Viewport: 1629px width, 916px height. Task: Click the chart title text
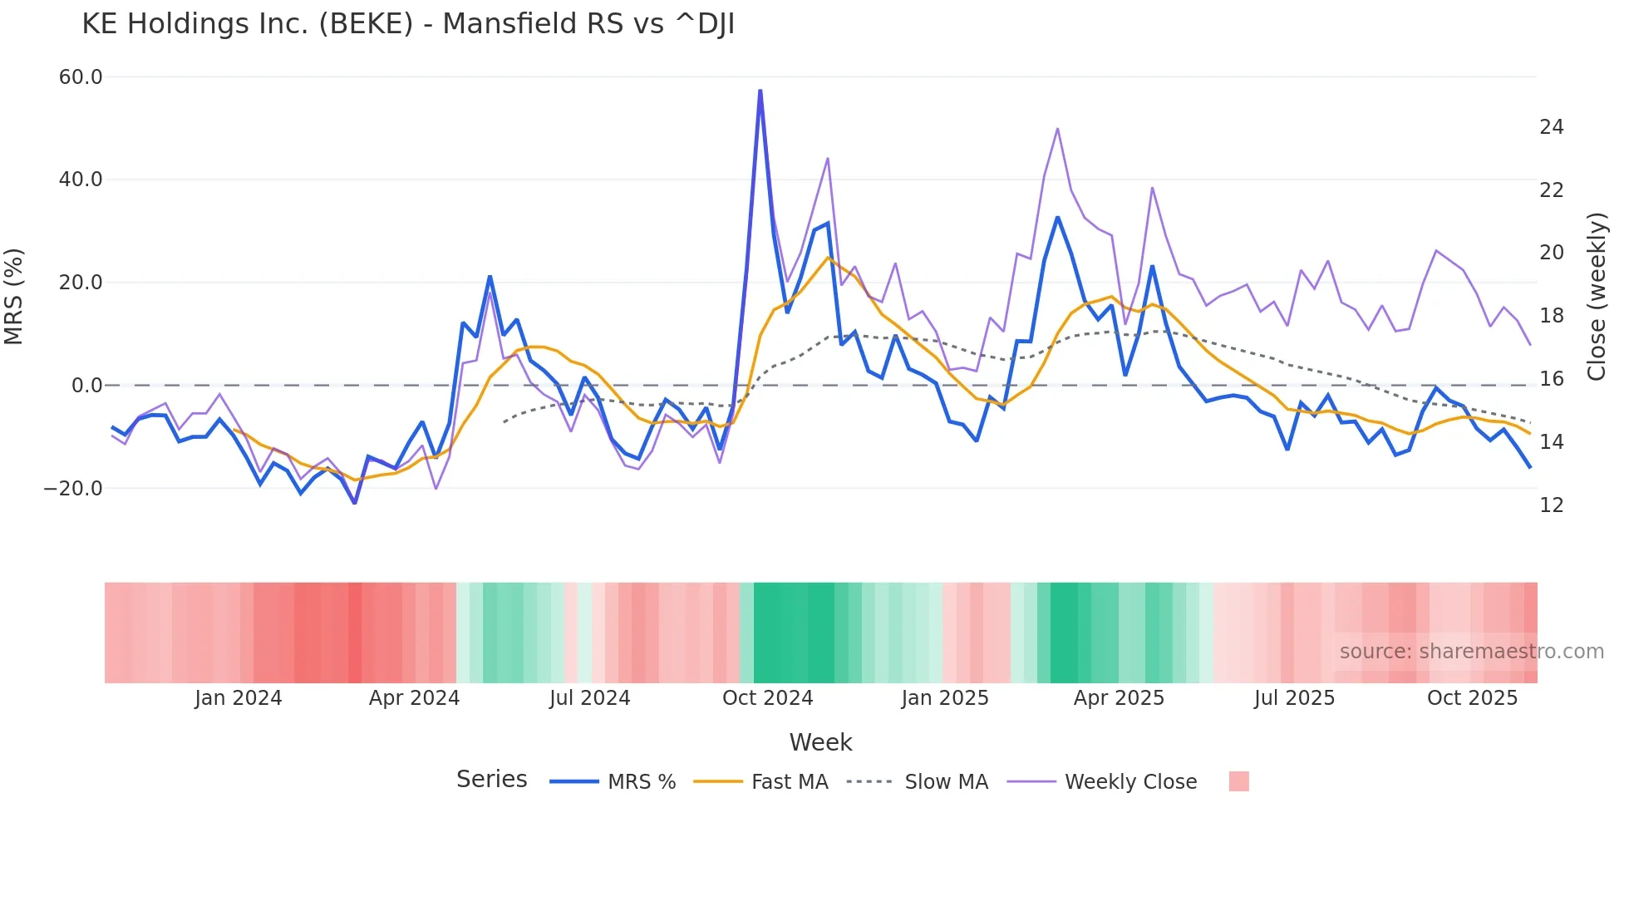(x=408, y=24)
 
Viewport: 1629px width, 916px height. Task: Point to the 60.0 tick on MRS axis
(x=81, y=77)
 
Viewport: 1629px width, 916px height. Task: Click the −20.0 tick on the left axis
(x=73, y=489)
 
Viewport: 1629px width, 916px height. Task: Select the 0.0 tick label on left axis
(x=86, y=386)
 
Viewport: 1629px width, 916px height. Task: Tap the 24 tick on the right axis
(x=1551, y=127)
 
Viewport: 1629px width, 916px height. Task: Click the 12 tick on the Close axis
(x=1551, y=505)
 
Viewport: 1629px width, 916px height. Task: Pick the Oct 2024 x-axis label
(x=767, y=698)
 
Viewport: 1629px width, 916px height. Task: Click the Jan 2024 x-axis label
(x=239, y=698)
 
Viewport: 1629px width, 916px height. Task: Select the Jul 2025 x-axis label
(x=1294, y=698)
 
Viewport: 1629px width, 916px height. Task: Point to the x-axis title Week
(x=820, y=742)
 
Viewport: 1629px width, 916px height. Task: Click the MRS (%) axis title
(x=14, y=296)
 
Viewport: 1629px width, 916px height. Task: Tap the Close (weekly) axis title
(x=1597, y=297)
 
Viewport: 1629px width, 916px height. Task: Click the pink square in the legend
(x=1238, y=781)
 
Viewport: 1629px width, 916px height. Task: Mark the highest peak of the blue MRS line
(x=760, y=91)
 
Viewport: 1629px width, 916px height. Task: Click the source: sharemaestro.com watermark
(x=1471, y=652)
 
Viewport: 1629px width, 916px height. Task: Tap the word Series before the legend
(x=491, y=780)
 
